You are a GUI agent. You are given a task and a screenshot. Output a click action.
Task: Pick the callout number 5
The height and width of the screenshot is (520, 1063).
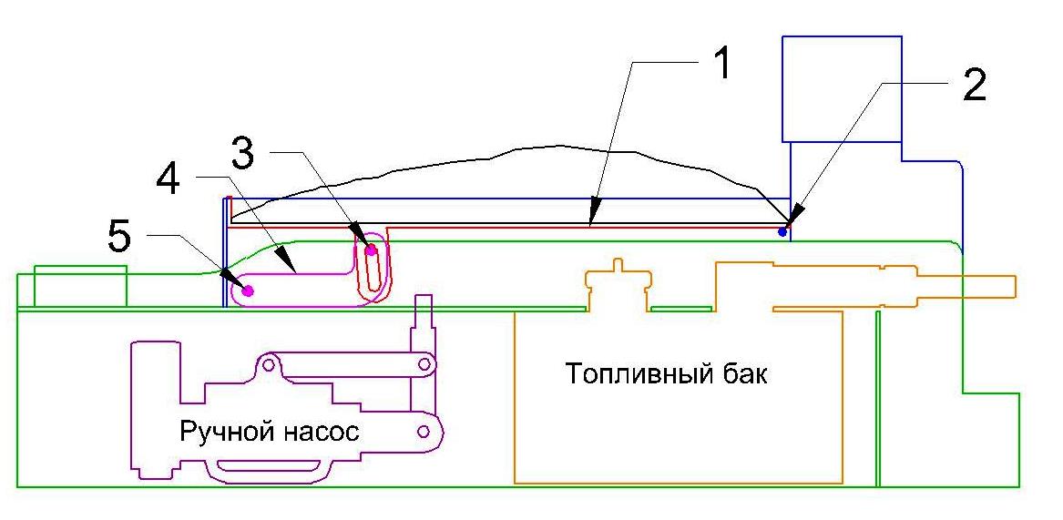tap(119, 239)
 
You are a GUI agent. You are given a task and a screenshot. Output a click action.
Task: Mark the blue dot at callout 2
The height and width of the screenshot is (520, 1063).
tap(782, 232)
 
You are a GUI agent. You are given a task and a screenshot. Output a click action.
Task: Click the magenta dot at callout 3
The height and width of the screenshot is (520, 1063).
tap(371, 250)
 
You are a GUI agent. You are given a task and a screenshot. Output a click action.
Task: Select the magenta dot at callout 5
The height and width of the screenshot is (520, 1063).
tap(247, 291)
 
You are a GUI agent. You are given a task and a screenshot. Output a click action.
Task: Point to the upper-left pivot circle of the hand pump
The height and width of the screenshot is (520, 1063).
tap(269, 366)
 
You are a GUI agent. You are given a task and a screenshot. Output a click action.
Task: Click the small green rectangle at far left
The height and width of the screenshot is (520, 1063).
tap(80, 286)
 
